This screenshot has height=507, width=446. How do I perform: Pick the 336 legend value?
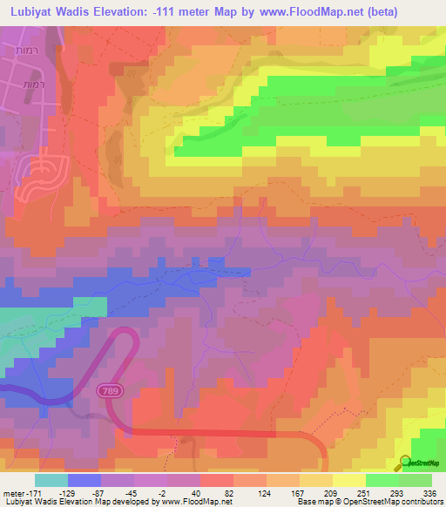[429, 493]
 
